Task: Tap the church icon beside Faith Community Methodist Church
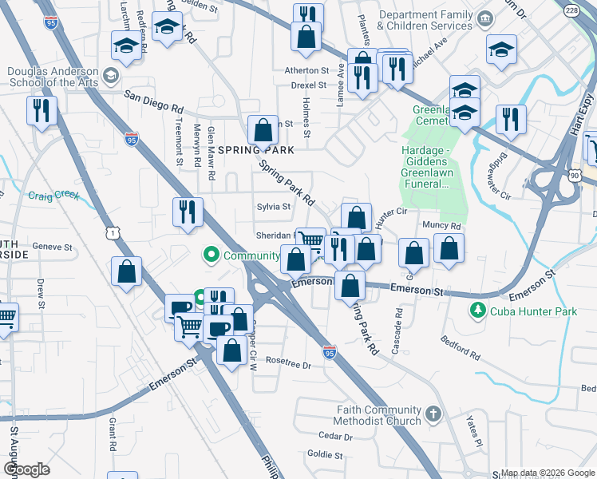[433, 414]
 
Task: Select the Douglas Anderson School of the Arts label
[53, 77]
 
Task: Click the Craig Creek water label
[54, 195]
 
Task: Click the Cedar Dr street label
[335, 437]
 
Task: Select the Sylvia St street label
[272, 207]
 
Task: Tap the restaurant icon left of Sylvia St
[187, 212]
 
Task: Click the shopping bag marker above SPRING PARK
[263, 129]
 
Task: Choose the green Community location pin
[212, 255]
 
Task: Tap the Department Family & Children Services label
[425, 21]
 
